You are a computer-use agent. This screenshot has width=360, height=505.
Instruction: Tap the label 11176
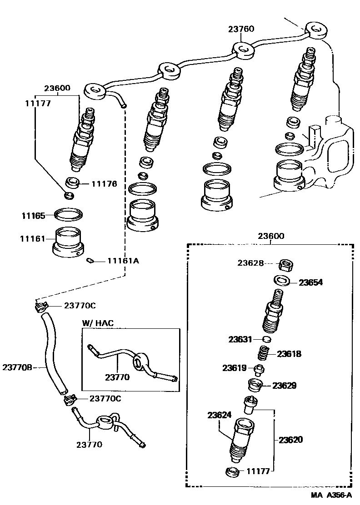[x=104, y=184]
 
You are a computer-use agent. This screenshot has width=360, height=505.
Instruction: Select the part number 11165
[x=32, y=215]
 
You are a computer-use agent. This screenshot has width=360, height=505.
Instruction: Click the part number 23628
[x=250, y=263]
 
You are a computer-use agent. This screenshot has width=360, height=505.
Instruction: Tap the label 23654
[x=310, y=282]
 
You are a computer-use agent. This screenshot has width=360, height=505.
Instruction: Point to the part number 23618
[x=289, y=354]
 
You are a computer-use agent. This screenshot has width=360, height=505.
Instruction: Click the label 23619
[x=234, y=368]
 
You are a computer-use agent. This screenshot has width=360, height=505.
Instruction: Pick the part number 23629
[x=285, y=386]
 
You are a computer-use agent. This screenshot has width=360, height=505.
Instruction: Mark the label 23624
[x=220, y=415]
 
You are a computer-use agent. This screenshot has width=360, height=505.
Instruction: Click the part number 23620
[x=290, y=440]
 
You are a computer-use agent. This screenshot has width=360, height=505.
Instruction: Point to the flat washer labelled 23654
[x=282, y=280]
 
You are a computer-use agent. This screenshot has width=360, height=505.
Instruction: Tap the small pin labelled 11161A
[x=90, y=261]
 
